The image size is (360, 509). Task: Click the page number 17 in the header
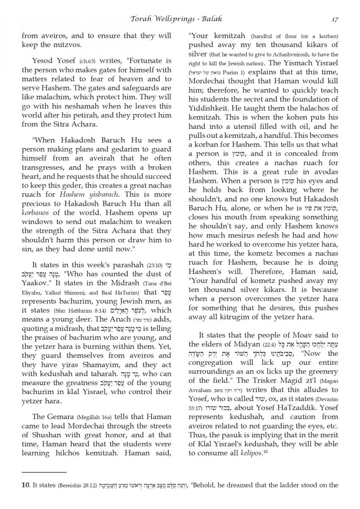coord(335,19)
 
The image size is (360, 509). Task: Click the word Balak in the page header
coord(211,19)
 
